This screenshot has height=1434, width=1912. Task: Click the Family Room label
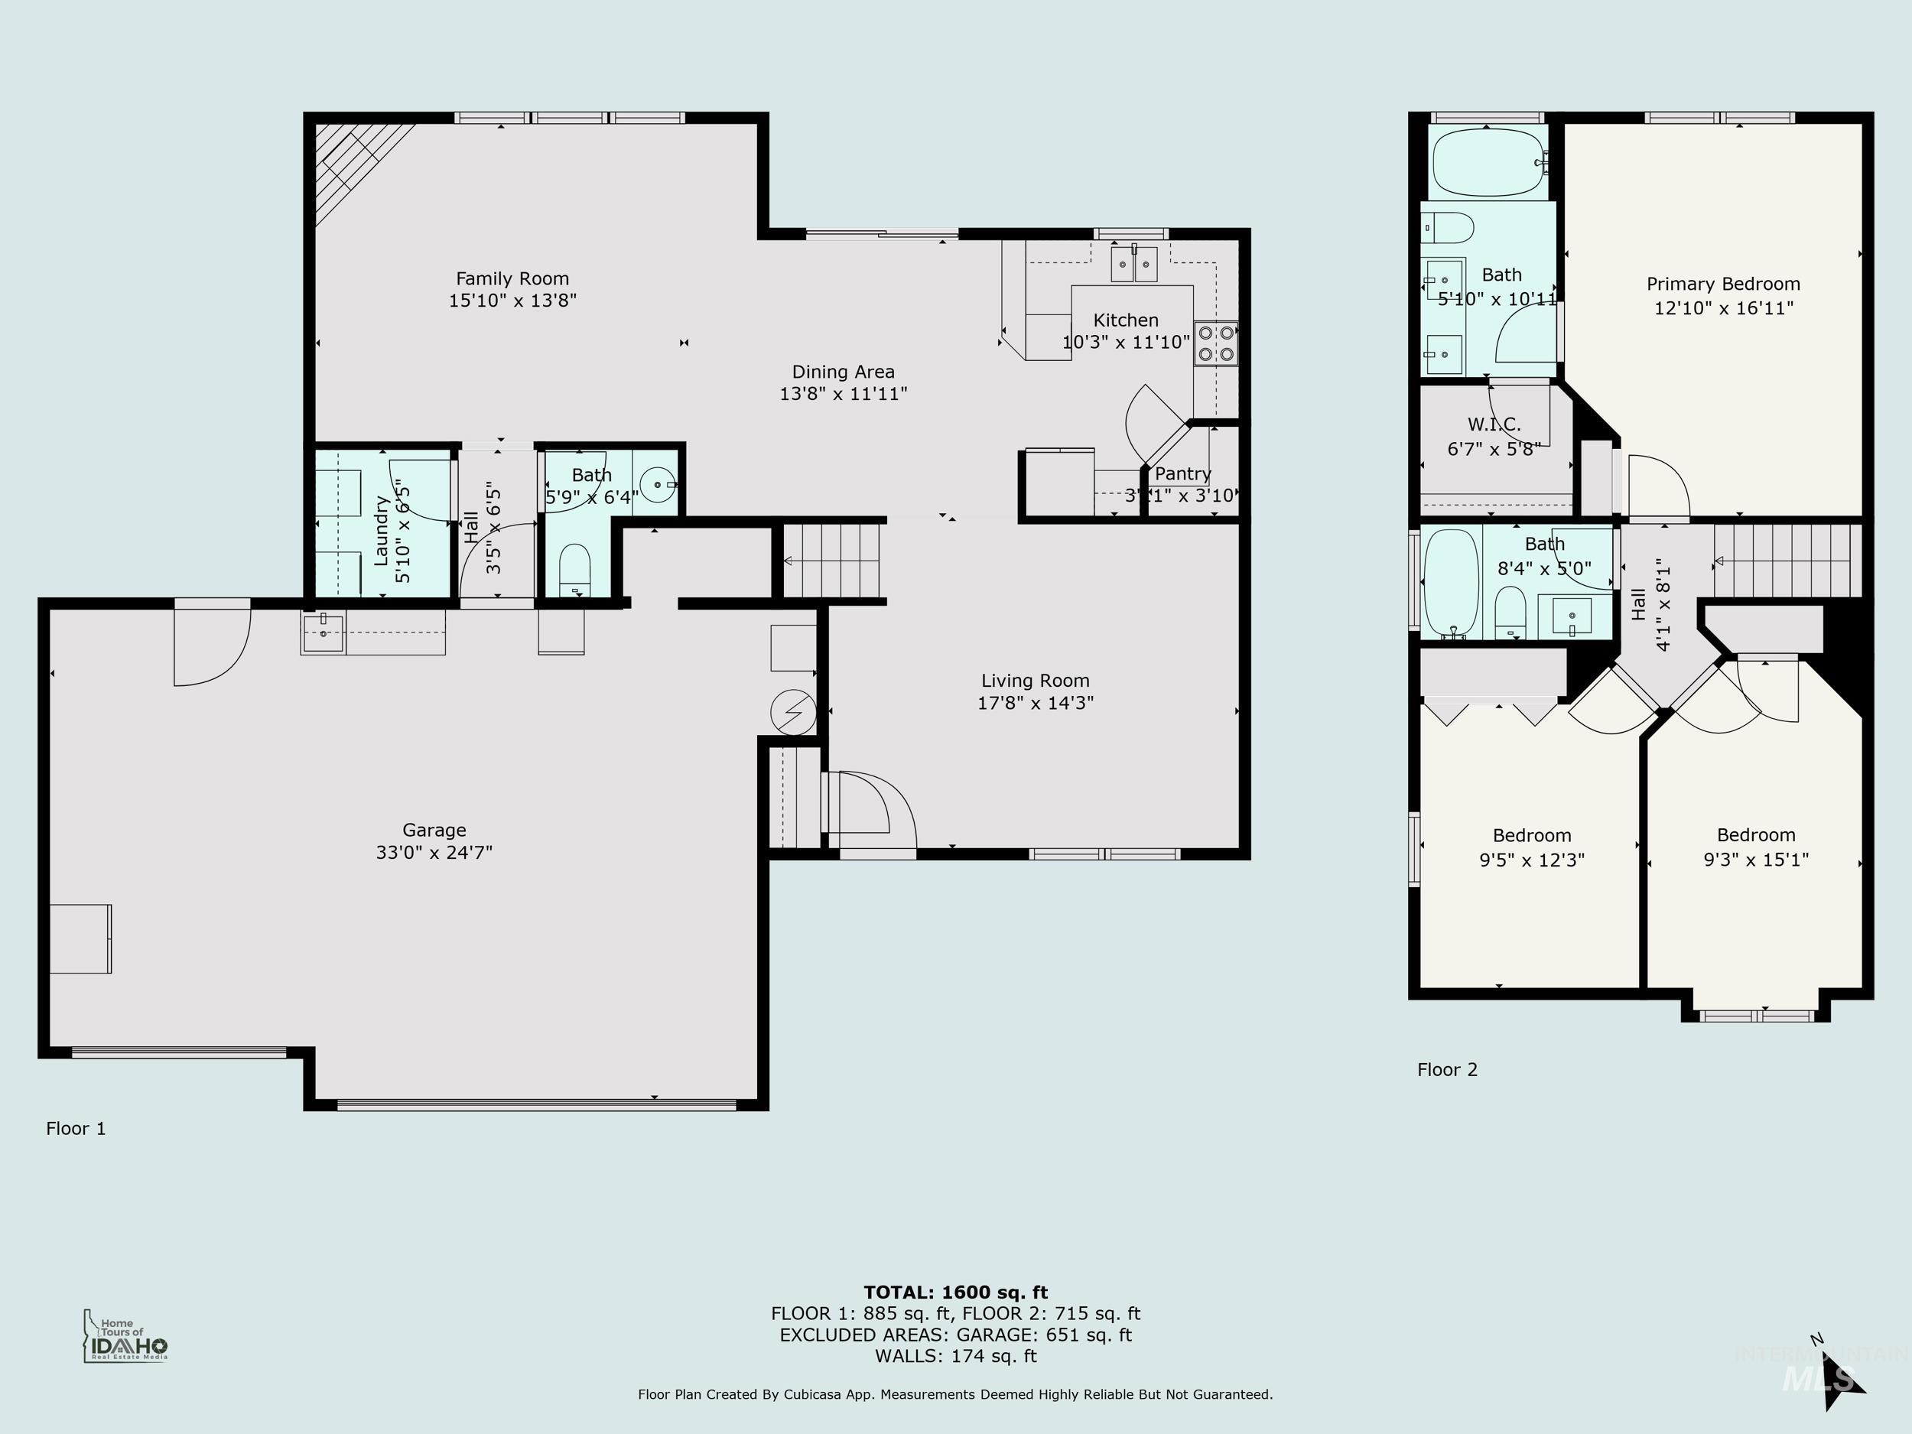512,278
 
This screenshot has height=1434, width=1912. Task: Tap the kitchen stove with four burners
1216,343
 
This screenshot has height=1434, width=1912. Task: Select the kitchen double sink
1134,265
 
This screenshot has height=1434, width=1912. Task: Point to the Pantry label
1182,473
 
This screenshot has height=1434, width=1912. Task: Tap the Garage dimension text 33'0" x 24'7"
434,852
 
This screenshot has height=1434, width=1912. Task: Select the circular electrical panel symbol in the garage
792,711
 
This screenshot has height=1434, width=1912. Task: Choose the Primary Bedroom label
1722,285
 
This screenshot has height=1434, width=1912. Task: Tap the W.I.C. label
1494,424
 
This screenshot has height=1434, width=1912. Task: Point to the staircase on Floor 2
1787,562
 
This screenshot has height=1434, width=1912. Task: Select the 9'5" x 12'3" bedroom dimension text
1532,860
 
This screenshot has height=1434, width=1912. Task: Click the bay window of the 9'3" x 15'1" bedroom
1757,1016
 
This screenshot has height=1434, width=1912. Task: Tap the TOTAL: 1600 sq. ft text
955,1293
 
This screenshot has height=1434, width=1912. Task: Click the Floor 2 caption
1447,1069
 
